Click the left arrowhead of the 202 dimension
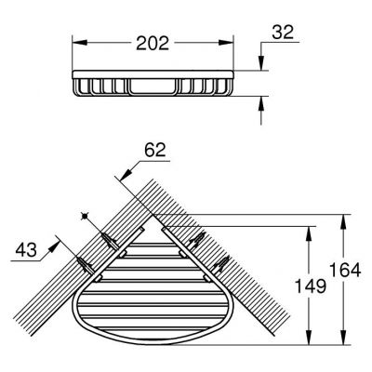pos(77,42)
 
